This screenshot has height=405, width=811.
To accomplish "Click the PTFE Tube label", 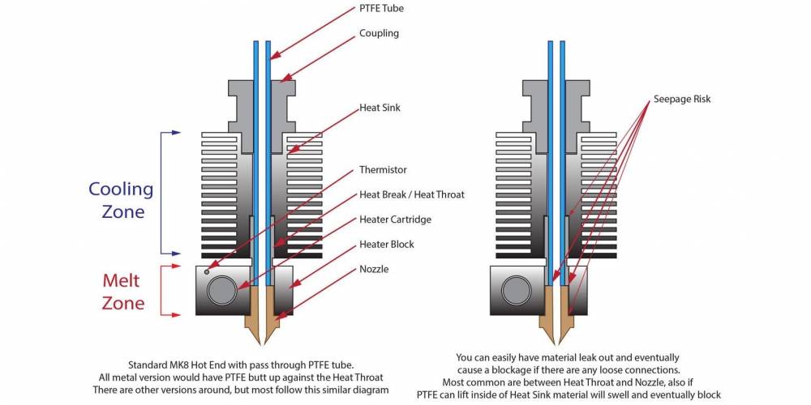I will tap(381, 8).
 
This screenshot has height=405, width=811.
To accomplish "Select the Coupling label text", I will tap(379, 34).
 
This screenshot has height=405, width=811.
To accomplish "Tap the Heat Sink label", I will tap(380, 107).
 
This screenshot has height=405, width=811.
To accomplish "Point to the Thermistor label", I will tap(383, 170).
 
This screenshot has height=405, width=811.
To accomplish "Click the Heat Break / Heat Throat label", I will tap(412, 194).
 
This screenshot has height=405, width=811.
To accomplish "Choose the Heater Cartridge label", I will tap(395, 220).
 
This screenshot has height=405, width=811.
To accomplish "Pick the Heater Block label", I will tap(386, 244).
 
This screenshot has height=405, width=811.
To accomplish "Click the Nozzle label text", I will tap(374, 268).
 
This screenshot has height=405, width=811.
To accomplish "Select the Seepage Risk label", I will tap(681, 100).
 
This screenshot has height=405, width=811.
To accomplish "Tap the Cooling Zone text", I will tap(120, 200).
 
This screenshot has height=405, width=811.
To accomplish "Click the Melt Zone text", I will tap(122, 292).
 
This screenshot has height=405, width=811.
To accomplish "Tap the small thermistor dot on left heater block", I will tap(207, 271).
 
